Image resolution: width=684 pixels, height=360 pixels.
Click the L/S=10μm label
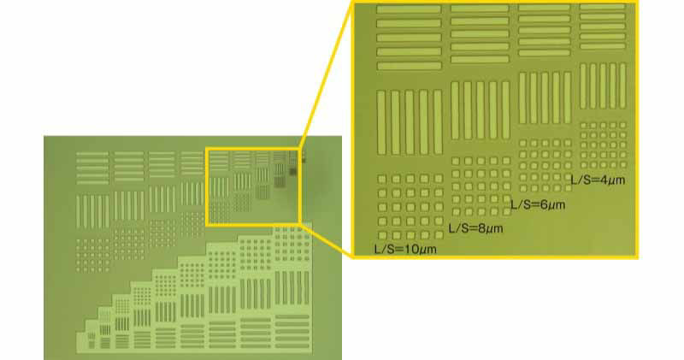pyautogui.click(x=405, y=250)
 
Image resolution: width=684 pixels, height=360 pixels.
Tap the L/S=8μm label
pyautogui.click(x=475, y=228)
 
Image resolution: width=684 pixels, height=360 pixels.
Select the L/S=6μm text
pyautogui.click(x=538, y=204)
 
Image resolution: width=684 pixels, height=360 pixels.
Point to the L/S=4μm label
pyautogui.click(x=598, y=180)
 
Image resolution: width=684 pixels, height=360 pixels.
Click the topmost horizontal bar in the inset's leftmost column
pyautogui.click(x=409, y=9)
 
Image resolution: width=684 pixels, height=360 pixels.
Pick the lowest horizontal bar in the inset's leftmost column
pyautogui.click(x=409, y=67)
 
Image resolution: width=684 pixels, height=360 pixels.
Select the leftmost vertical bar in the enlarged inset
pyautogui.click(x=381, y=122)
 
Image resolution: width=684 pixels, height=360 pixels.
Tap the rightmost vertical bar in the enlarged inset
pyautogui.click(x=622, y=86)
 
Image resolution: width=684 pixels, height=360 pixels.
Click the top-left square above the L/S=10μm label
pyautogui.click(x=381, y=179)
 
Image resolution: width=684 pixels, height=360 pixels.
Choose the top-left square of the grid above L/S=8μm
pyautogui.click(x=456, y=161)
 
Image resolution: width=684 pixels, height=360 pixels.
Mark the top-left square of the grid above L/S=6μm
pyautogui.click(x=522, y=143)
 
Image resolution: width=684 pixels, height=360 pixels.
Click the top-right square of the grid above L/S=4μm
pyautogui.click(x=622, y=125)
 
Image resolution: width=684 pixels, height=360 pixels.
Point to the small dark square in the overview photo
pyautogui.click(x=292, y=172)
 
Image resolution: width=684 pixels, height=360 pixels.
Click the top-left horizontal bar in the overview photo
pyautogui.click(x=92, y=154)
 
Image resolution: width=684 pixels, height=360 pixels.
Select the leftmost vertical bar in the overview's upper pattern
pyautogui.click(x=79, y=211)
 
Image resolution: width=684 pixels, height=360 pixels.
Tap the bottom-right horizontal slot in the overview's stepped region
pyautogui.click(x=292, y=345)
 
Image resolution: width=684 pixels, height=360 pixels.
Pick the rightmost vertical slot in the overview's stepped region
pyautogui.click(x=306, y=288)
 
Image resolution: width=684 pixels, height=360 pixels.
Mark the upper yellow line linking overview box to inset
pyautogui.click(x=325, y=74)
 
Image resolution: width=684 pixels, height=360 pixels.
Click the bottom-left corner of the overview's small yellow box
pyautogui.click(x=207, y=224)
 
